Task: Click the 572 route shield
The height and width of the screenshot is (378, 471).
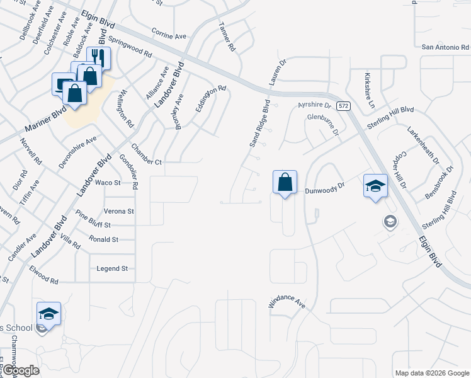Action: click(x=343, y=106)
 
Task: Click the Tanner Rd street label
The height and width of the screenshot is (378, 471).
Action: click(x=226, y=36)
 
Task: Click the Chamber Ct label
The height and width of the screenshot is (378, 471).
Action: click(x=147, y=162)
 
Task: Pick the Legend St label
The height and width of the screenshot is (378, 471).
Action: click(x=112, y=268)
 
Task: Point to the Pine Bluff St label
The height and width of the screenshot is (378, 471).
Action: click(x=93, y=224)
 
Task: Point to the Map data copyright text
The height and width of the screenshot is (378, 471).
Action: click(x=431, y=372)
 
